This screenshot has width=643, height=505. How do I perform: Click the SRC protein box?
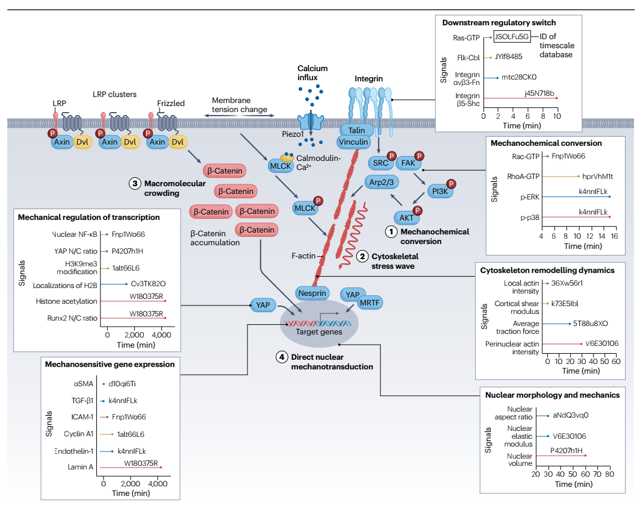pos(380,163)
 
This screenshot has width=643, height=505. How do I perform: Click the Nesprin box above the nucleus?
pos(311,293)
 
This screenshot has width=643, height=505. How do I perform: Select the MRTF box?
pos(370,303)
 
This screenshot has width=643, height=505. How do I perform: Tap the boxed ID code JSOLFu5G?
pos(511,37)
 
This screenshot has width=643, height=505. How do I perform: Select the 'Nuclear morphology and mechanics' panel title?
pos(552,395)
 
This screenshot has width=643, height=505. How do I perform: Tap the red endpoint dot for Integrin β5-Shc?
pos(557,98)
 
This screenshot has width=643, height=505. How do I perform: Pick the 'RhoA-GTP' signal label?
pos(521,176)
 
